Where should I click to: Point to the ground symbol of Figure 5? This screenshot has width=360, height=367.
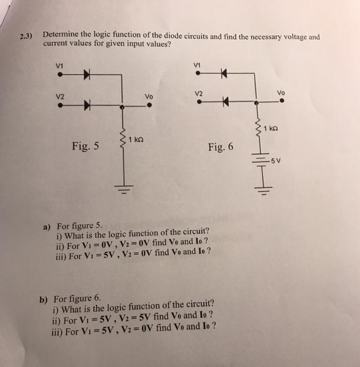[x=124, y=190]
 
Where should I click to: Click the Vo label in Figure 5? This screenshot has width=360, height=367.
[x=149, y=96]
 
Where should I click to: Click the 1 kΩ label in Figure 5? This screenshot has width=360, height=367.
[x=136, y=139]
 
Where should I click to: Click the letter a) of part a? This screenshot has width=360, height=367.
[x=46, y=226]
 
